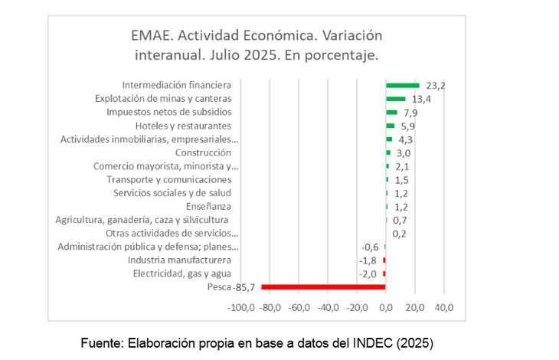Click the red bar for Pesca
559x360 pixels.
pos(323,287)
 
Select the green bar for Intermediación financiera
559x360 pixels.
pos(402,85)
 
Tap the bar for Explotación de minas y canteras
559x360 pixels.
pos(395,99)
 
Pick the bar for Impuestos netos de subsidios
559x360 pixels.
pos(391,112)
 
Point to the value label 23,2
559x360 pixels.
pos(436,86)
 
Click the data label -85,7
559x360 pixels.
pos(244,287)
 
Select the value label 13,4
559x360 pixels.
pos(422,99)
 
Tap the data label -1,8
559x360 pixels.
pos(369,260)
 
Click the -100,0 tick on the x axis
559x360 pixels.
pos(241,308)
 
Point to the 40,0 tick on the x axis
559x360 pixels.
pos(444,308)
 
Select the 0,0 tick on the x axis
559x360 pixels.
pos(386,308)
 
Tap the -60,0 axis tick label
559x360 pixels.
pos(299,308)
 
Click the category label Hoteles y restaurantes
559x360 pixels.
pos(183,126)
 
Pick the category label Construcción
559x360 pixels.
pos(203,152)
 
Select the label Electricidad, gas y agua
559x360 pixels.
pos(181,273)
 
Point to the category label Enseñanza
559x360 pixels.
pos(208,206)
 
